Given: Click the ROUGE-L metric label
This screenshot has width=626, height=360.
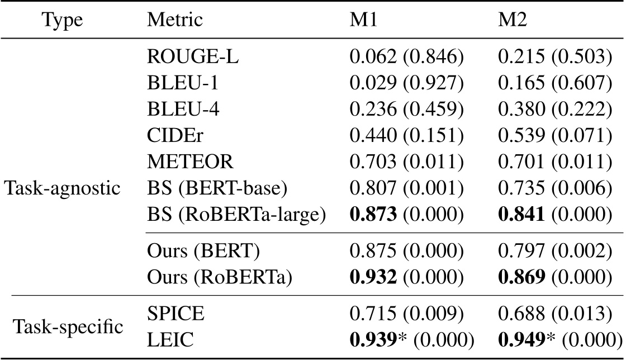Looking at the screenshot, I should [193, 58].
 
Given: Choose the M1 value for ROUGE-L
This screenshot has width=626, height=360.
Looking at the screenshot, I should [405, 58].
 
